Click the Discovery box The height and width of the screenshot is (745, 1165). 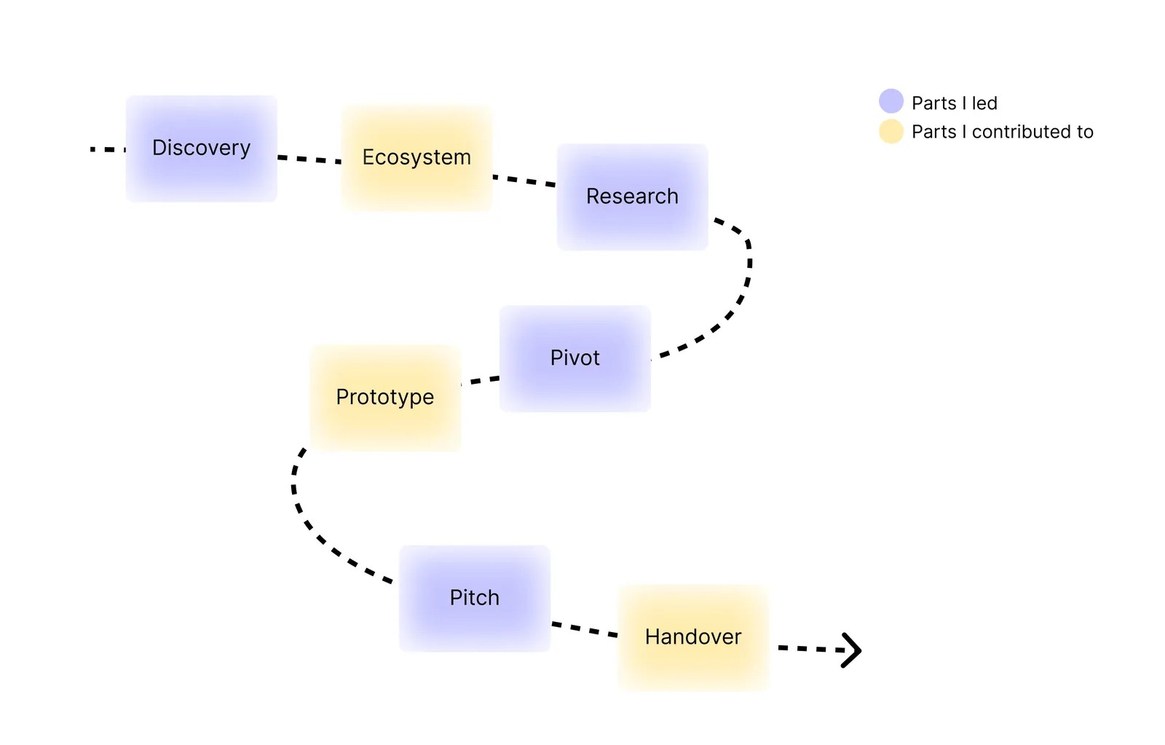[x=201, y=149]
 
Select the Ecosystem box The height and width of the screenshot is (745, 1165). [x=416, y=158]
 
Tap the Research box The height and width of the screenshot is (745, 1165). [x=632, y=197]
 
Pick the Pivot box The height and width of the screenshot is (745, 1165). [x=574, y=358]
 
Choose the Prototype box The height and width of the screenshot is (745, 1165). [x=385, y=398]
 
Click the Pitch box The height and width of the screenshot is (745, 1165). [x=474, y=598]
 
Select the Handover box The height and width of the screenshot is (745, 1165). [x=693, y=637]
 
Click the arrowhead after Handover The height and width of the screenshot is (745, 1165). [x=851, y=650]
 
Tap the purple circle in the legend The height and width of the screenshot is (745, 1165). [x=890, y=101]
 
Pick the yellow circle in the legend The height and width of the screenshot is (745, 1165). [x=890, y=131]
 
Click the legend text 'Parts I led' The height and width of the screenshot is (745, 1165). [x=954, y=103]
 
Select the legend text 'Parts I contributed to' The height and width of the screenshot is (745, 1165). [x=1002, y=132]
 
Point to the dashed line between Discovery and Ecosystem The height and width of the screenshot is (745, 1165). [x=309, y=159]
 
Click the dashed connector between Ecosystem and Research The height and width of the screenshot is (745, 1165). [x=524, y=180]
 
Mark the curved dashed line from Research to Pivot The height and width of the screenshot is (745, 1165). [x=745, y=284]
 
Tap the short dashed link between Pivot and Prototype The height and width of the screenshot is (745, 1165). [x=481, y=380]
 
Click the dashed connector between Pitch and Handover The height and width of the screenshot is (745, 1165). [x=584, y=629]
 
